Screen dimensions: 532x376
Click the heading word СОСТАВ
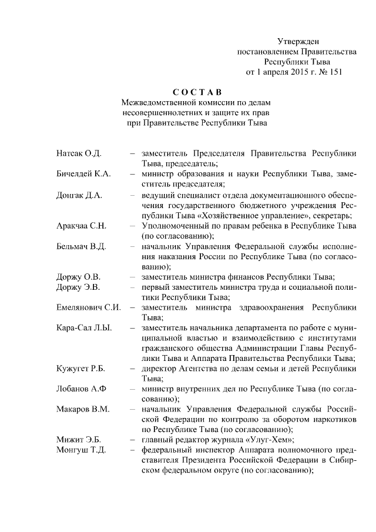pyautogui.click(x=197, y=92)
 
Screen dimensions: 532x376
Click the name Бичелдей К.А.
pyautogui.click(x=83, y=174)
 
